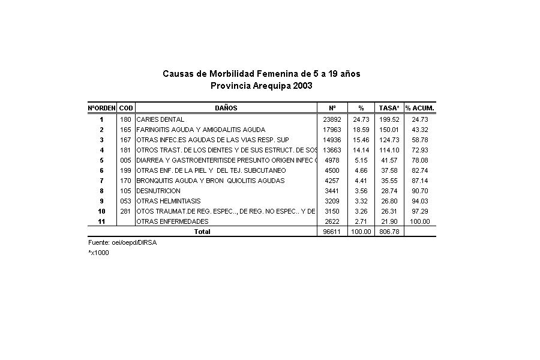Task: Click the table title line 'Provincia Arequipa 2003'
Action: click(x=262, y=86)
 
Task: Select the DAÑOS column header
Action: click(x=226, y=108)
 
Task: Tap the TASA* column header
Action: click(x=389, y=108)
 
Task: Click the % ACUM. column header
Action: click(x=419, y=108)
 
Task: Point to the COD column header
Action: click(x=126, y=108)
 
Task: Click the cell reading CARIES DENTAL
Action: click(x=160, y=119)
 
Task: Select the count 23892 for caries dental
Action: click(x=332, y=119)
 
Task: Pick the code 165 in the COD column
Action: click(x=126, y=130)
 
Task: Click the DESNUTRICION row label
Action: click(x=158, y=191)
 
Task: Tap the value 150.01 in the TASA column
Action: click(x=389, y=130)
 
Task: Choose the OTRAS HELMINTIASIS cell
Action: click(x=169, y=201)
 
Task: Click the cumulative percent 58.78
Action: click(x=419, y=140)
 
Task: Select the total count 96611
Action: click(x=332, y=232)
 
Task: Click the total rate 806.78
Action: click(x=389, y=232)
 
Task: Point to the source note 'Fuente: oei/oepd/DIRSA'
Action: click(x=118, y=242)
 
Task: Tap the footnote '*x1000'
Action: click(x=98, y=253)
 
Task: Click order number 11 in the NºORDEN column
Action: click(x=102, y=221)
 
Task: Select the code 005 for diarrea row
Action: click(x=126, y=160)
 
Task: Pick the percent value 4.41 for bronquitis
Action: click(x=361, y=181)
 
